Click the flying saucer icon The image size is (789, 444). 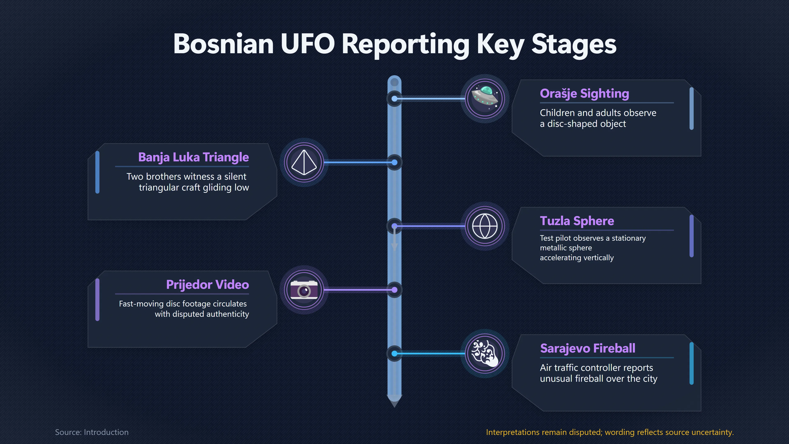(x=485, y=98)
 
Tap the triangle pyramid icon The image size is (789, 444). (x=304, y=162)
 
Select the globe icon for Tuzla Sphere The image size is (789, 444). (x=485, y=226)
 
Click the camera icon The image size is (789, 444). (x=304, y=290)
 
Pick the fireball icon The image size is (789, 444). (x=485, y=353)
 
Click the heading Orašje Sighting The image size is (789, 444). (x=584, y=94)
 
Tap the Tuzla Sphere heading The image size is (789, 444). (x=577, y=221)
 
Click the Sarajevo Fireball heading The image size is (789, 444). (x=587, y=348)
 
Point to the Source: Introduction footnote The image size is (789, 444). (x=92, y=432)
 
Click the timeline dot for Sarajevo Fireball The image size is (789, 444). (x=394, y=354)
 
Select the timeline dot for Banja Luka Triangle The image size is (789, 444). (x=394, y=162)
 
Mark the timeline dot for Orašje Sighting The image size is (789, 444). (x=394, y=99)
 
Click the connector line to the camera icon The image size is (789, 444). (x=357, y=290)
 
